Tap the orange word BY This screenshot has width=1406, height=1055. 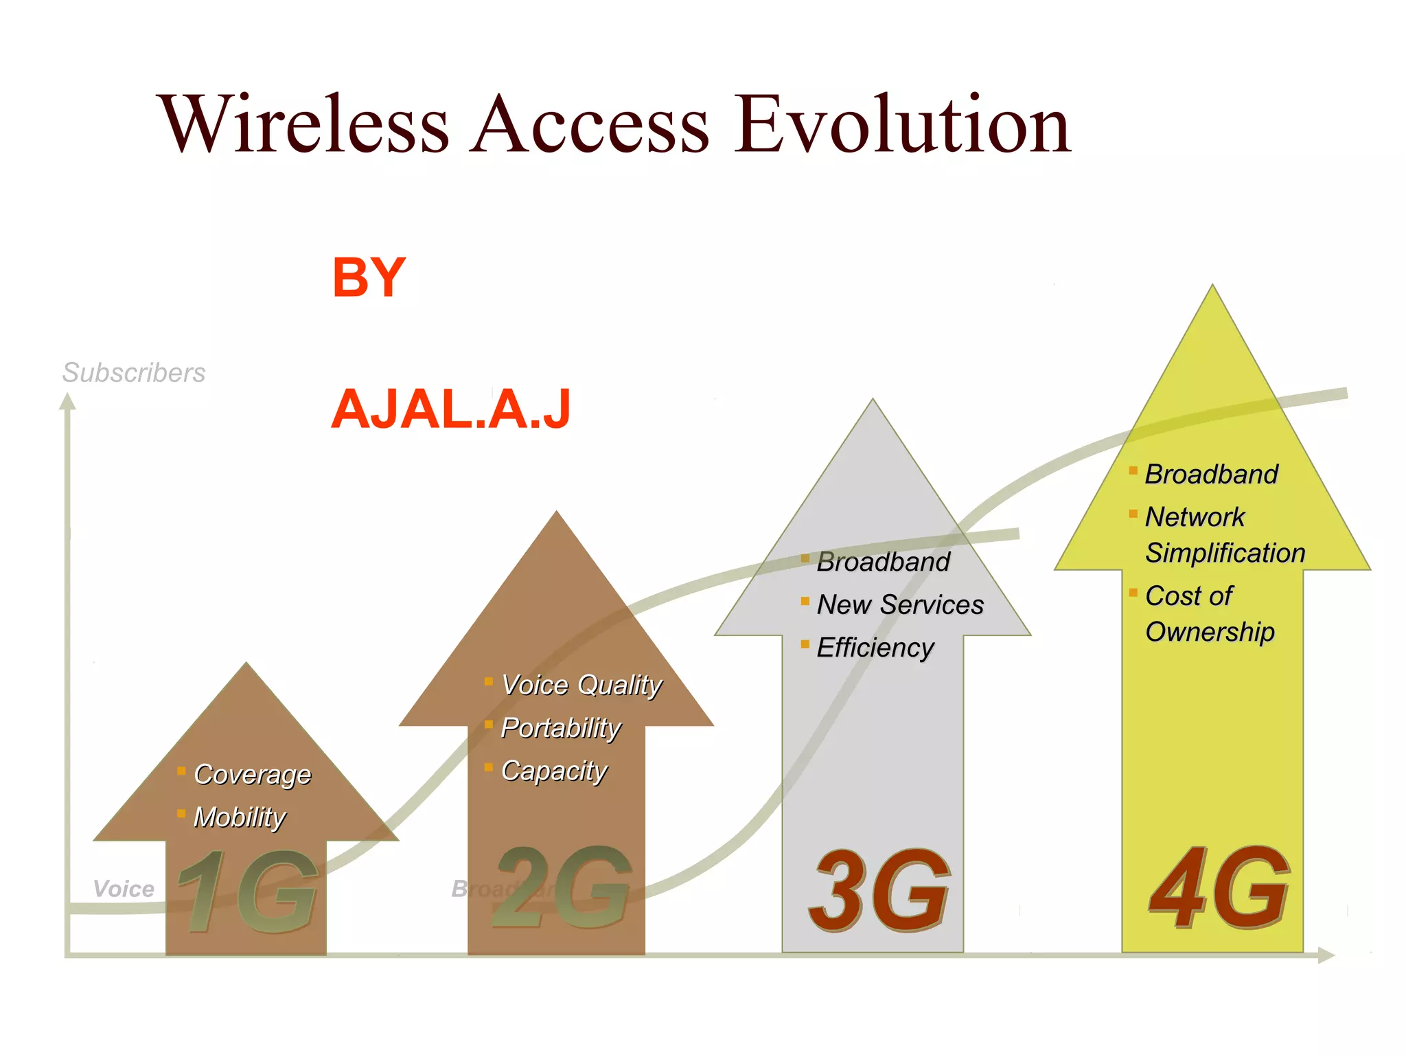click(x=369, y=277)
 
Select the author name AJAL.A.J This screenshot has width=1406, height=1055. click(x=450, y=409)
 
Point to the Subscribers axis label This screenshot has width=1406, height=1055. click(x=134, y=373)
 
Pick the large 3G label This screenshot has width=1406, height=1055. click(x=879, y=891)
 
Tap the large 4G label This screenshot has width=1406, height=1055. click(x=1219, y=888)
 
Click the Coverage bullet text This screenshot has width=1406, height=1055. click(x=253, y=774)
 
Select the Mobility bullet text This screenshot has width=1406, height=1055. click(x=240, y=817)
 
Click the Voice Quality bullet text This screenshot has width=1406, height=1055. click(x=581, y=685)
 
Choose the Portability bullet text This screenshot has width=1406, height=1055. click(x=561, y=728)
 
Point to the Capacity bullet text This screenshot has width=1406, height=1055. click(x=554, y=771)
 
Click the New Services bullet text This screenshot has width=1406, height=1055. click(x=900, y=604)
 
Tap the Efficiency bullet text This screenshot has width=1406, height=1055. click(x=875, y=648)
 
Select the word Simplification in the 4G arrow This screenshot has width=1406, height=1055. click(x=1225, y=553)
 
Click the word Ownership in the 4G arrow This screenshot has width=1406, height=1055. click(x=1210, y=632)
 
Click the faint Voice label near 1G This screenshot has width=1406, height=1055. click(x=124, y=889)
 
